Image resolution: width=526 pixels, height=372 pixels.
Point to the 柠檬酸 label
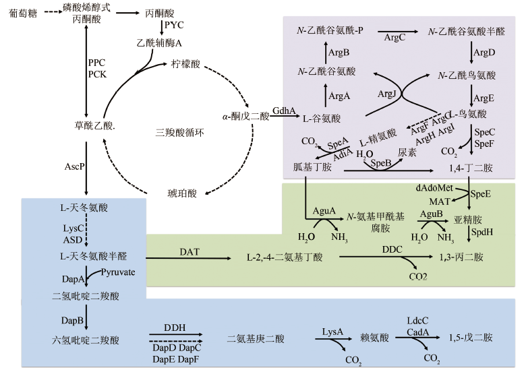(x=185, y=65)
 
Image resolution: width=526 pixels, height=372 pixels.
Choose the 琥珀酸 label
(x=182, y=194)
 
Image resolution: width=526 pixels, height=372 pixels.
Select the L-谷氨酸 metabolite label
(x=321, y=119)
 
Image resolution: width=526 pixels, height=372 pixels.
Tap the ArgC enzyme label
(x=394, y=38)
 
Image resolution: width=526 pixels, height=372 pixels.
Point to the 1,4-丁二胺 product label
(x=466, y=166)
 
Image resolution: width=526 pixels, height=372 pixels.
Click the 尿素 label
(x=407, y=153)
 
